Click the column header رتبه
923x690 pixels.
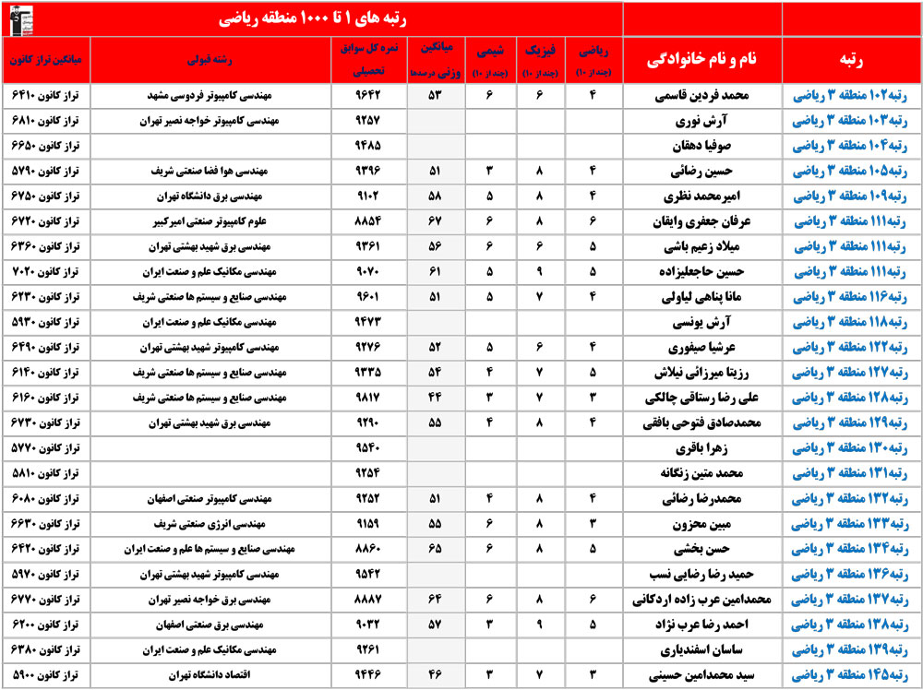tap(850, 60)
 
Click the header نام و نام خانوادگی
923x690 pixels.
tap(701, 60)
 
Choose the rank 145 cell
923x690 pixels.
tap(850, 674)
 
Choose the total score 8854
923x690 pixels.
tap(368, 221)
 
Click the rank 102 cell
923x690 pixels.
tap(850, 95)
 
